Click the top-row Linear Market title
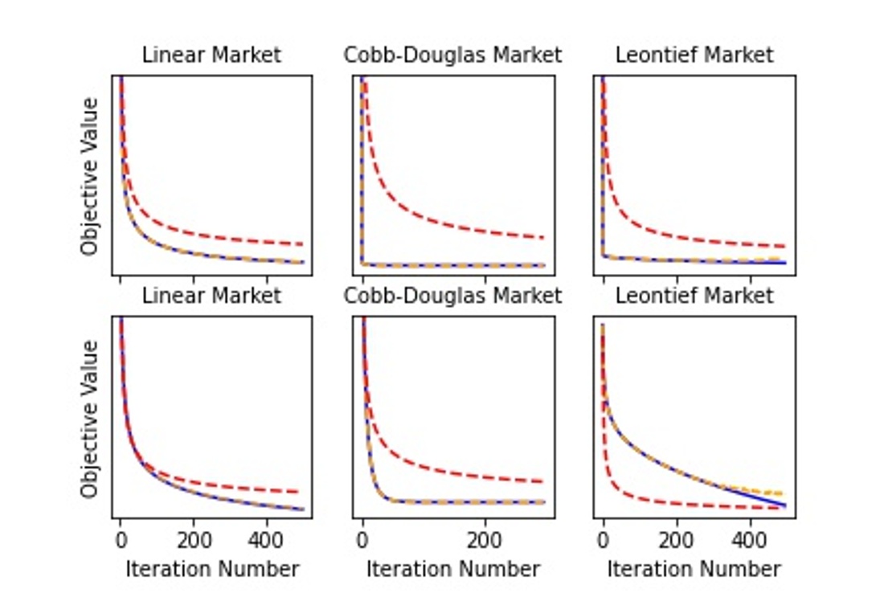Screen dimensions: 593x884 [211, 55]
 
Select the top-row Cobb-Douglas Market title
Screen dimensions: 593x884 [452, 55]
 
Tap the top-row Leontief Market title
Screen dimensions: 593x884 [694, 55]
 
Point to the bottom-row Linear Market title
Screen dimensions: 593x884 [211, 296]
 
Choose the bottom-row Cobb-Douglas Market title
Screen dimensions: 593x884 [452, 296]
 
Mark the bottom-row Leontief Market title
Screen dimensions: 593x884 [694, 296]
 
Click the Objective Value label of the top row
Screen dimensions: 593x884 [90, 176]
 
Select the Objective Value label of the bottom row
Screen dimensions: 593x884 [90, 418]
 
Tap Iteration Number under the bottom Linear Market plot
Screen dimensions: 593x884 [212, 570]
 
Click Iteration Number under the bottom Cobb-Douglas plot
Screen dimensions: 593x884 [453, 570]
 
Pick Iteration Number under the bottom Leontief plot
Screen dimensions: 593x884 [694, 570]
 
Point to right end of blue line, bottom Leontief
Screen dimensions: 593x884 [784, 505]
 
